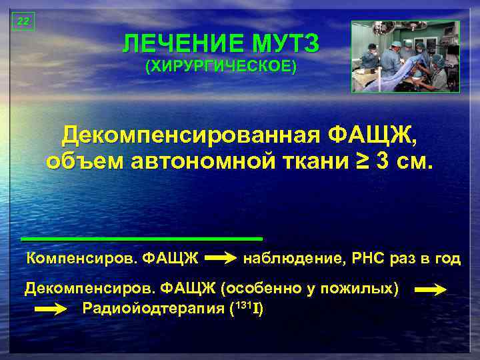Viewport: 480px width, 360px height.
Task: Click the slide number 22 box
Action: pos(23,21)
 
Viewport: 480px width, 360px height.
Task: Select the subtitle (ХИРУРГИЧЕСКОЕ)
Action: pos(221,67)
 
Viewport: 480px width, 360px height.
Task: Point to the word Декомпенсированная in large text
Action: pos(191,137)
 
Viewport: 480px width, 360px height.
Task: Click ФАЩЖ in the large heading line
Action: pos(373,137)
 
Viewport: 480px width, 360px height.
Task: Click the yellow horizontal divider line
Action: pos(141,238)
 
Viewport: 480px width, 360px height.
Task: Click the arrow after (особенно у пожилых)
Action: pos(430,290)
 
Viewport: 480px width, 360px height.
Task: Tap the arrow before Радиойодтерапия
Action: pos(51,309)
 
